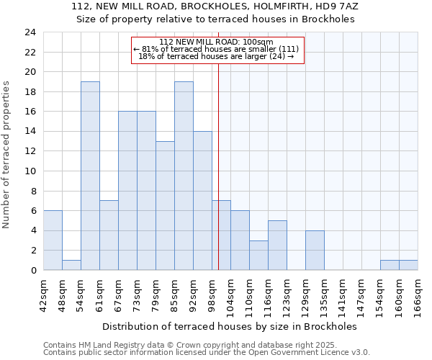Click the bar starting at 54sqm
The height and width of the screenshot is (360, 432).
pos(90,176)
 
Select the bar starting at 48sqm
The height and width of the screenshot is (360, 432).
pos(71,265)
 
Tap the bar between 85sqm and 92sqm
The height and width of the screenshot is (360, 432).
pos(184,176)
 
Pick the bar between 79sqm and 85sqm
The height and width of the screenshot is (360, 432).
pos(165,205)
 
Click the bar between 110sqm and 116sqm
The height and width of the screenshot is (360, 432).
pos(258,255)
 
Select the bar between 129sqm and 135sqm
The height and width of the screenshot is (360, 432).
pos(315,250)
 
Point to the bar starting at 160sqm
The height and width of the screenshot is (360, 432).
pos(408,265)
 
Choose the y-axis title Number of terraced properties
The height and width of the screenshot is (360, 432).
pos(8,155)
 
